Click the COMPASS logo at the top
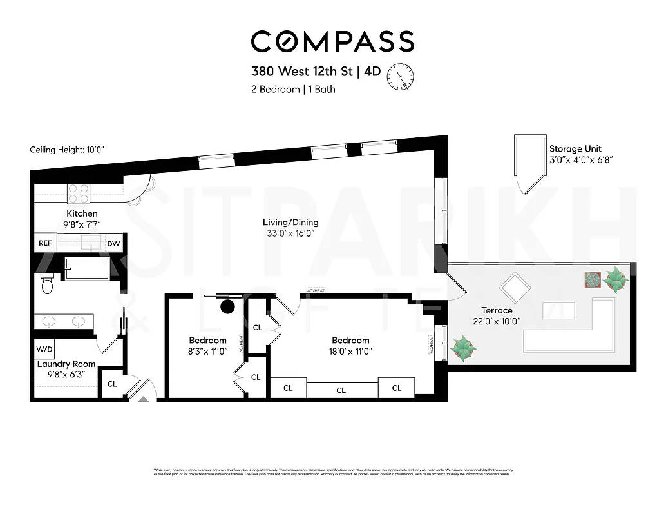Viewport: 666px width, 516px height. tap(332, 41)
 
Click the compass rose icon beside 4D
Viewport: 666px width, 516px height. tap(399, 76)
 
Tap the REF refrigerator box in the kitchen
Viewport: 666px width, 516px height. tap(45, 243)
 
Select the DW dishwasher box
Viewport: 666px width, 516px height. tap(113, 243)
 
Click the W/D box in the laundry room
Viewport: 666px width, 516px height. tap(44, 349)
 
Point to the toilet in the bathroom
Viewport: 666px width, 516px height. tap(46, 284)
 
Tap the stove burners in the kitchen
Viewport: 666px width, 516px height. tap(79, 193)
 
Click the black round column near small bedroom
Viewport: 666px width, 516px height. tap(227, 306)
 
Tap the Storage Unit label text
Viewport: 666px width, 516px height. tap(575, 148)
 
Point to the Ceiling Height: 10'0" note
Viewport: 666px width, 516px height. tap(67, 150)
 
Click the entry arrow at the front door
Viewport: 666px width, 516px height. tap(142, 399)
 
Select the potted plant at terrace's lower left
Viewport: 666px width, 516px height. tap(464, 349)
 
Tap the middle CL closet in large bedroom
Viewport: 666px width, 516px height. tap(341, 390)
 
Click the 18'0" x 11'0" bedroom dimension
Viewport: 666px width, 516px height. tap(350, 352)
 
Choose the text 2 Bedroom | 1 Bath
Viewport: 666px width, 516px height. tap(293, 90)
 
